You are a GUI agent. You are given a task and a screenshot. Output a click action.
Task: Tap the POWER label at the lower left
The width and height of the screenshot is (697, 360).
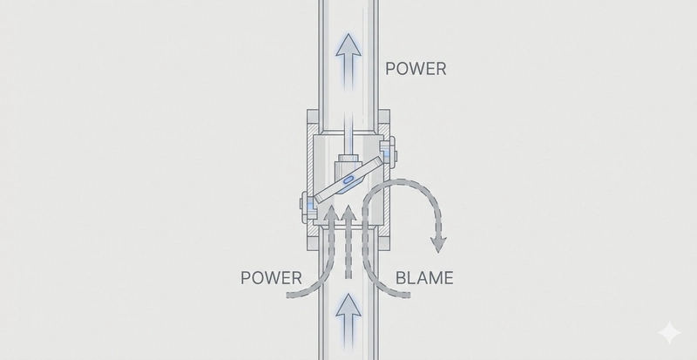click(x=272, y=281)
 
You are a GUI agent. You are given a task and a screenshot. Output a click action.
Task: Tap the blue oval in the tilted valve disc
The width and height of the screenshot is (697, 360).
click(x=349, y=180)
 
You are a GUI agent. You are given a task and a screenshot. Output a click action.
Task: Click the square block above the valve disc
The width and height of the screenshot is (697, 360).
click(x=348, y=163)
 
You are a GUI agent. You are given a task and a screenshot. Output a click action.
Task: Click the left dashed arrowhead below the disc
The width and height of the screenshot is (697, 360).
click(x=330, y=212)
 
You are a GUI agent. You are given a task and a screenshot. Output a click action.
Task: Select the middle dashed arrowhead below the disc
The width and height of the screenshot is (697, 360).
click(x=348, y=212)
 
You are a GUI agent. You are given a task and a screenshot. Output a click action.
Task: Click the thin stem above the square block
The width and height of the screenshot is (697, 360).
click(x=348, y=138)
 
